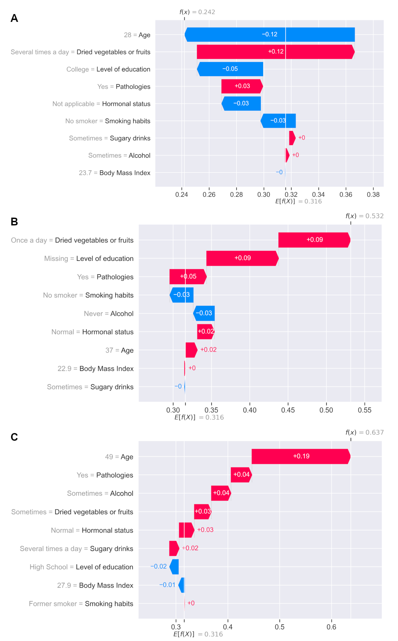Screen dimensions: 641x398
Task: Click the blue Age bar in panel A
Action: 270,34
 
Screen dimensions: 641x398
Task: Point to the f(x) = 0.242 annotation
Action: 197,12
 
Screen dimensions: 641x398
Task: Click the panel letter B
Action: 14,222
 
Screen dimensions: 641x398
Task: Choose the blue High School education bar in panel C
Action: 174,567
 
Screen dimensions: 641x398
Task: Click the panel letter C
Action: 14,437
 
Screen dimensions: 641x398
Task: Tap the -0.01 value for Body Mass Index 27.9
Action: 167,585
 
